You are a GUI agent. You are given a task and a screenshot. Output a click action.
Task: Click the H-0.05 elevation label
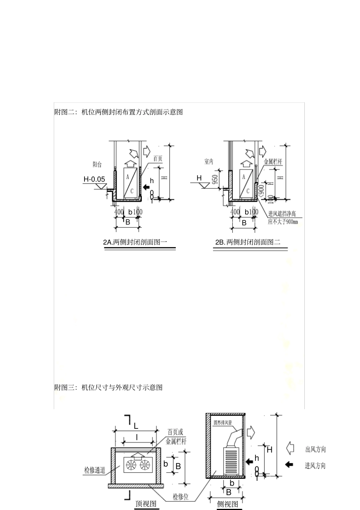coord(94,179)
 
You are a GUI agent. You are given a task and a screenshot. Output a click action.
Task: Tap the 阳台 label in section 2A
coord(97,165)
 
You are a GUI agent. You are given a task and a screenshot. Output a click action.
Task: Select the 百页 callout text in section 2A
coord(158,159)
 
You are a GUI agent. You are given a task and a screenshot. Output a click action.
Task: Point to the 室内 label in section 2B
coord(209,162)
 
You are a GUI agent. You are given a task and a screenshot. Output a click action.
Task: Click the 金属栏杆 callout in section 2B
coord(273,162)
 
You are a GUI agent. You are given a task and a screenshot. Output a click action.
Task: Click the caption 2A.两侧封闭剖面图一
coord(135,242)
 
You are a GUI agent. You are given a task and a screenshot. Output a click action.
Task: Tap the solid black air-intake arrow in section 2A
coord(146,187)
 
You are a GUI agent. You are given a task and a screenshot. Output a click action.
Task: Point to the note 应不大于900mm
coord(282,222)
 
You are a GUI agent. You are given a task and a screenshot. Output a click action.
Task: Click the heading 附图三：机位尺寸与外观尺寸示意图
coord(108,388)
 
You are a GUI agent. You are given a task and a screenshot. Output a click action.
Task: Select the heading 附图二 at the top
coord(119,112)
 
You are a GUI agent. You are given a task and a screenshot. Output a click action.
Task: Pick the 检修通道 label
coord(94,471)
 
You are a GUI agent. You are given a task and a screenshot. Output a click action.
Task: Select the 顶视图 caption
coord(146,504)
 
